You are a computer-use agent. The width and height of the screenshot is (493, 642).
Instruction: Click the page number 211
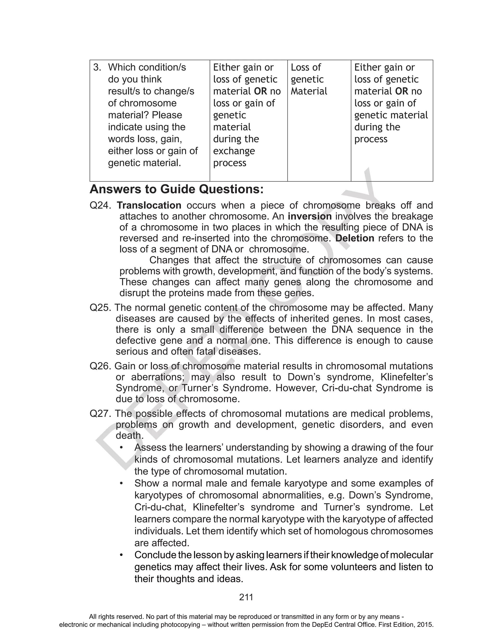pyautogui.click(x=246, y=597)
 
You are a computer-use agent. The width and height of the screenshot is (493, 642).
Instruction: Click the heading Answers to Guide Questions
pyautogui.click(x=176, y=189)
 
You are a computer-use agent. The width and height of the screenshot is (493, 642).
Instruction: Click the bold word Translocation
pyautogui.click(x=149, y=205)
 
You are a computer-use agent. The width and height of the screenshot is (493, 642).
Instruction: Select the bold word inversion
pyautogui.click(x=310, y=216)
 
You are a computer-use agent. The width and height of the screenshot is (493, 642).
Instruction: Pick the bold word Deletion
pyautogui.click(x=355, y=238)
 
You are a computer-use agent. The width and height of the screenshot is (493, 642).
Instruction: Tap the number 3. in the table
pyautogui.click(x=97, y=67)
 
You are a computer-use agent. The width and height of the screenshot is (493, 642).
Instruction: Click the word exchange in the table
pyautogui.click(x=234, y=151)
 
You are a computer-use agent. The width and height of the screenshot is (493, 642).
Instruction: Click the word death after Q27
pyautogui.click(x=130, y=435)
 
